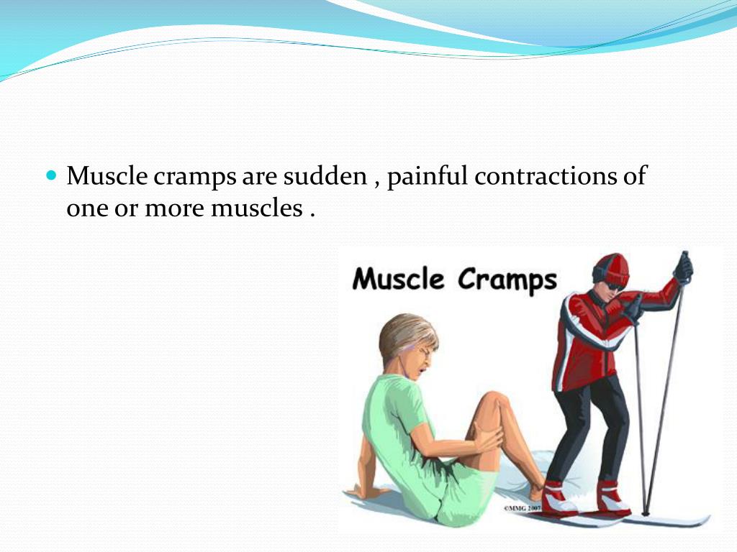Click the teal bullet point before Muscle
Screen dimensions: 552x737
50,175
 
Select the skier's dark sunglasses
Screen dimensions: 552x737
613,285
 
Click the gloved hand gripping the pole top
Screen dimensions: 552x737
682,268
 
